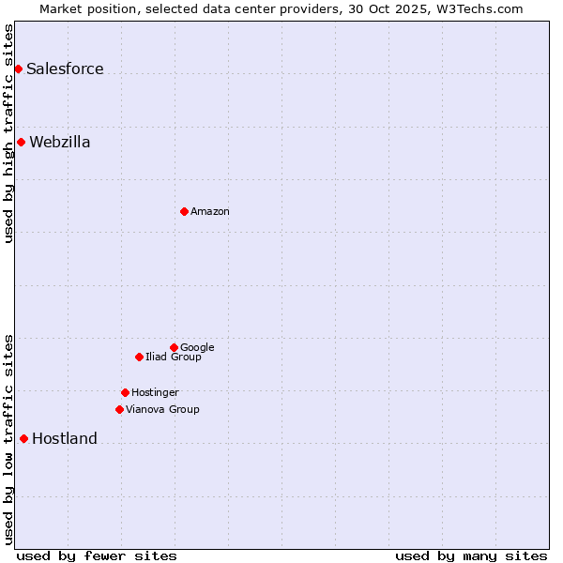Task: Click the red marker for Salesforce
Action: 18,68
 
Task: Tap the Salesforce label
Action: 65,69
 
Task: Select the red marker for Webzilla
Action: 21,142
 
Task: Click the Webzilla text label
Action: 59,143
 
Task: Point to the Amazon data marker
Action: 184,211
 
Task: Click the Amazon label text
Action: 209,212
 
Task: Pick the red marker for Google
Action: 174,347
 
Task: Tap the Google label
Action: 197,348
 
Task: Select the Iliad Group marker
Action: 139,357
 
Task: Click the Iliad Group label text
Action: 173,358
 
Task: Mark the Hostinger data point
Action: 125,392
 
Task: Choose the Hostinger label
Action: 155,393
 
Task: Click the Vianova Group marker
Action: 119,409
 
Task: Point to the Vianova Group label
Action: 162,410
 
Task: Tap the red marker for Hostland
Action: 23,438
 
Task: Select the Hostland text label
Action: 64,439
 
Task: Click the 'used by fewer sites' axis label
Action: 97,556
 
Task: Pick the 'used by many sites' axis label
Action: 471,556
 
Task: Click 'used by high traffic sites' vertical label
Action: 9,133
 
